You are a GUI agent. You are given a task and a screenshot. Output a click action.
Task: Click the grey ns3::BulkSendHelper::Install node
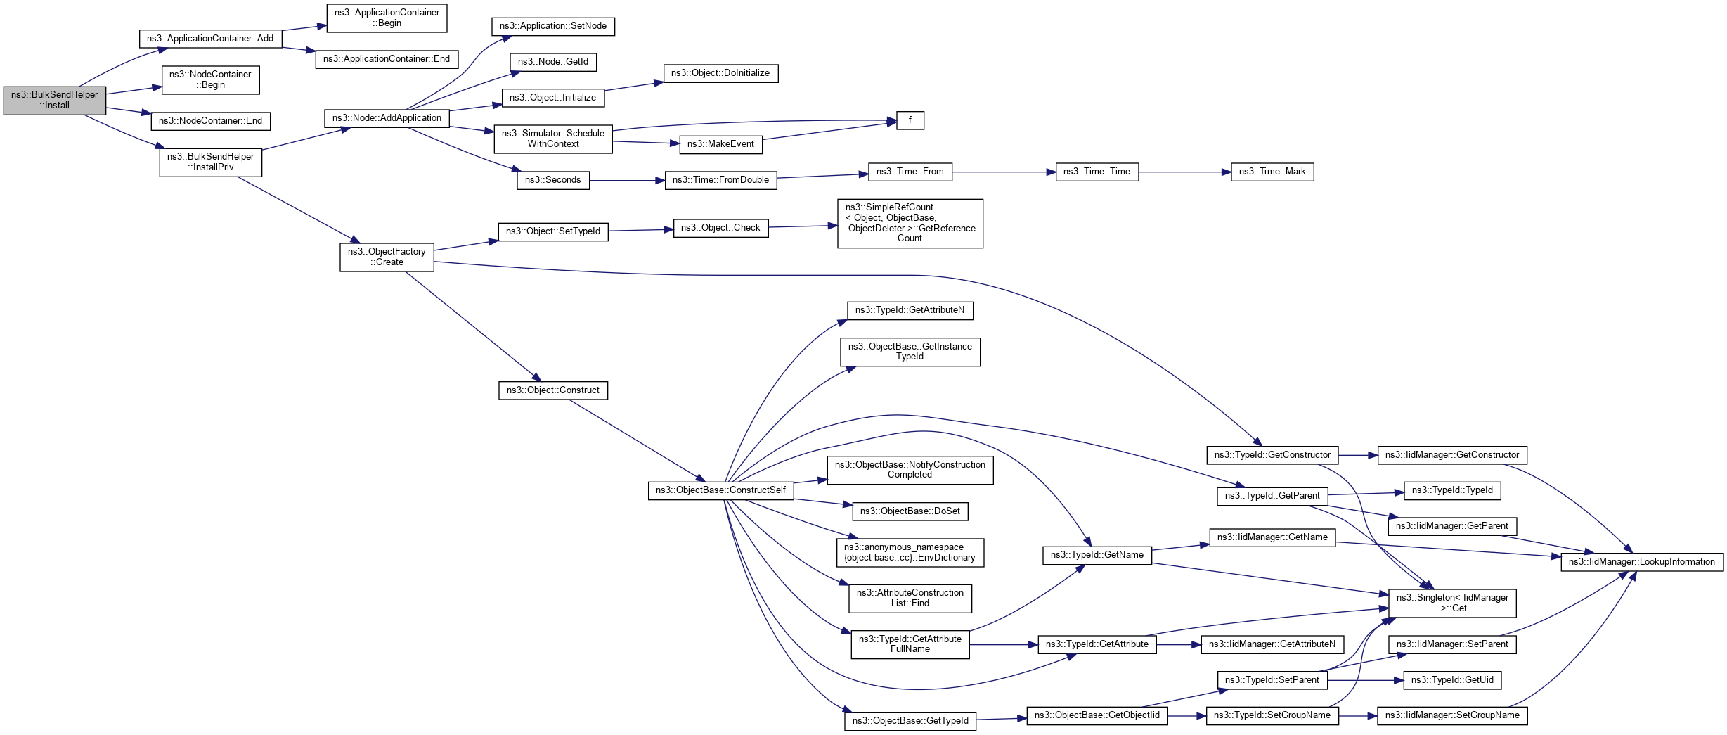tap(55, 101)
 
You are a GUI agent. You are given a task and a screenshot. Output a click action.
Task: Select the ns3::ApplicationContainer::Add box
tap(210, 39)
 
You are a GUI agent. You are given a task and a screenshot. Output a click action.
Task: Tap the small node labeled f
tap(910, 120)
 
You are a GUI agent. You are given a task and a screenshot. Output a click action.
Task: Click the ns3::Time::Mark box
tap(1272, 172)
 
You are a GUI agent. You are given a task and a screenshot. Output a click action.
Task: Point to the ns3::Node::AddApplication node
tap(387, 118)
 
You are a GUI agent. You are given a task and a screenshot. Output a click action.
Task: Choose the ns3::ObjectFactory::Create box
tap(387, 257)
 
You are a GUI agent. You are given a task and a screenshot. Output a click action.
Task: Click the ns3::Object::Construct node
tap(552, 390)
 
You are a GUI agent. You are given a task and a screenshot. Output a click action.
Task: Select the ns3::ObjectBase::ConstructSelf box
tap(720, 490)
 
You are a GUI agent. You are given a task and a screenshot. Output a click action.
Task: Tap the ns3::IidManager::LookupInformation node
tap(1641, 562)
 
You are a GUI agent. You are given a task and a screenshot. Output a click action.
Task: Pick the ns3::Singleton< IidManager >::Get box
tap(1452, 603)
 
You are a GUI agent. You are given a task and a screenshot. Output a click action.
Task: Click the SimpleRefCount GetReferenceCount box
tap(910, 223)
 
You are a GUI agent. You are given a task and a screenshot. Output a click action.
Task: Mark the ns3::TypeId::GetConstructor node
tap(1272, 455)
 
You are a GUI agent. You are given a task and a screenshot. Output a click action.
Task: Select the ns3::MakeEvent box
tap(720, 144)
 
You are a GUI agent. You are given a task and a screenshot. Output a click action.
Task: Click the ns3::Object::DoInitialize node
tap(720, 73)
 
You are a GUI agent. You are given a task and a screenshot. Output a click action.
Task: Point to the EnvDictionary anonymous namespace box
tap(910, 552)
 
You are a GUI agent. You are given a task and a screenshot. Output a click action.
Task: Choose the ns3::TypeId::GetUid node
tap(1452, 680)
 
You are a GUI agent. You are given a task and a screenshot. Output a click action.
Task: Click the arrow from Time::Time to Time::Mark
tap(1184, 172)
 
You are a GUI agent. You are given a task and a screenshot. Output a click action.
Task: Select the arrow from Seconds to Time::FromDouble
tap(627, 181)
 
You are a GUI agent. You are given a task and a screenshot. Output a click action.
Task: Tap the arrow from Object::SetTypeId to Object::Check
tap(640, 230)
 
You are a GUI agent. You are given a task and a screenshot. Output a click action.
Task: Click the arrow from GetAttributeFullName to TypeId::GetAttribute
tap(1003, 644)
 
